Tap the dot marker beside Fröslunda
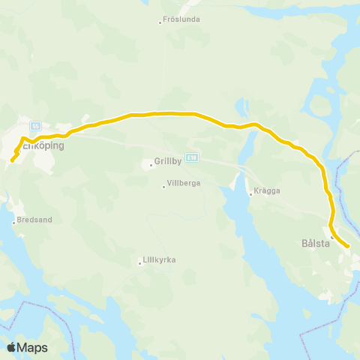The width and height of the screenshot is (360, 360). pyautogui.click(x=160, y=22)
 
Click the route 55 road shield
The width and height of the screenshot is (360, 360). pyautogui.click(x=35, y=126)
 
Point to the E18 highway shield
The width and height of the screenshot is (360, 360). pyautogui.click(x=193, y=157)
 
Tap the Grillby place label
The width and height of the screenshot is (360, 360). pyautogui.click(x=169, y=160)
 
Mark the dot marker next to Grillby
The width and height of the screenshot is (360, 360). pyautogui.click(x=151, y=164)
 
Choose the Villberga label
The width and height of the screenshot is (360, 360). pyautogui.click(x=182, y=183)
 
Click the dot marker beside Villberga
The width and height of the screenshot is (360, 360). pyautogui.click(x=163, y=186)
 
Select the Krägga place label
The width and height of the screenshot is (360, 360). pyautogui.click(x=268, y=190)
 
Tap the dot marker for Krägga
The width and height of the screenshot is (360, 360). pyautogui.click(x=250, y=193)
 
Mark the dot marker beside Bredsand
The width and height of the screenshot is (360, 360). pyautogui.click(x=13, y=222)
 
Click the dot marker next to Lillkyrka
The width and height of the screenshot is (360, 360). pyautogui.click(x=140, y=263)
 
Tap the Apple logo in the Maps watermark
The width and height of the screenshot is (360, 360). pyautogui.click(x=12, y=347)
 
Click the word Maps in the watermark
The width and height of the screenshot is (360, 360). pyautogui.click(x=33, y=348)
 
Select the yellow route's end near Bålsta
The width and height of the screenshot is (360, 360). pyautogui.click(x=348, y=245)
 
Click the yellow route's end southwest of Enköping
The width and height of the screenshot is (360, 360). pyautogui.click(x=12, y=159)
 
